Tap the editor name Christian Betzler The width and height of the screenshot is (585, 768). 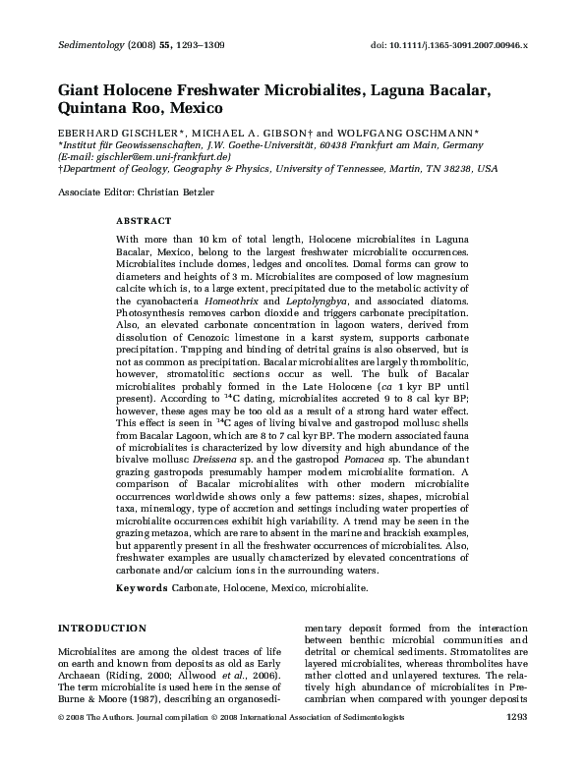(179, 191)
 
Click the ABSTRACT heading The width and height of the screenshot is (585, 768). (144, 221)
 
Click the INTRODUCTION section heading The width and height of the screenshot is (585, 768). (104, 628)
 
